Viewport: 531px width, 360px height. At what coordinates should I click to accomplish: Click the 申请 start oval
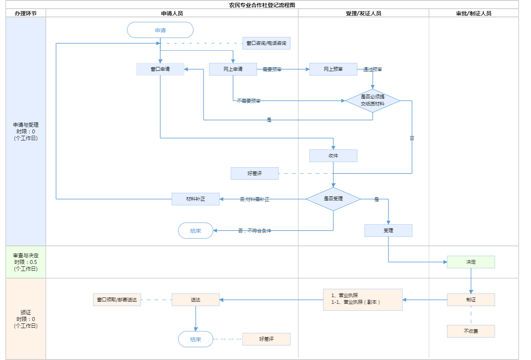pos(160,30)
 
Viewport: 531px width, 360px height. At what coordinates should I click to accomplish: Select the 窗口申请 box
pos(160,69)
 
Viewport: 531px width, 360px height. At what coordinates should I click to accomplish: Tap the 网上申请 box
pos(233,69)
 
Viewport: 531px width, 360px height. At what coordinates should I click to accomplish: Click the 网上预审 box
pos(333,69)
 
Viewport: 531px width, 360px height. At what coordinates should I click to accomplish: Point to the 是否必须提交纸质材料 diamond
pos(372,101)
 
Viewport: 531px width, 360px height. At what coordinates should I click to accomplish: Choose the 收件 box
pos(333,156)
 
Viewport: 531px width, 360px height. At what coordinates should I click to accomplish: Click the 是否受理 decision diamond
pos(333,199)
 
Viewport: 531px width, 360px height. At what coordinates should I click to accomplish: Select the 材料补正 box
pos(195,199)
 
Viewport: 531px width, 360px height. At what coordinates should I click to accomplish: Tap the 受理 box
pos(388,231)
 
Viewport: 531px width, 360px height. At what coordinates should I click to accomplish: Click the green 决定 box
pos(471,262)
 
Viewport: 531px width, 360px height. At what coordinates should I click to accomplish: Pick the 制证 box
pos(471,300)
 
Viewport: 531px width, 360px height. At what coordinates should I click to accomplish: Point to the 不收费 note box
pos(471,331)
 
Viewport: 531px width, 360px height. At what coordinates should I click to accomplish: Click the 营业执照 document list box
pos(363,300)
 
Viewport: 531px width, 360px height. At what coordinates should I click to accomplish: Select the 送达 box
pos(195,300)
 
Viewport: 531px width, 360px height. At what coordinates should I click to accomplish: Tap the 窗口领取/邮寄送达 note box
pos(117,300)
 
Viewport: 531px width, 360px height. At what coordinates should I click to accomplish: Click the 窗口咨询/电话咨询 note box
pos(266,43)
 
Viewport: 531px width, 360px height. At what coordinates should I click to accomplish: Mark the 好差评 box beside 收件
pos(254,174)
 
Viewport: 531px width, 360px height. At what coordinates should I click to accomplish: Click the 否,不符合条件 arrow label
pos(254,231)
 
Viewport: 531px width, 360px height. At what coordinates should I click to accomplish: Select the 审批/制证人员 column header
pos(474,13)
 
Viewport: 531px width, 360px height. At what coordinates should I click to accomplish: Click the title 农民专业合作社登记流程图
pos(262,5)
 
